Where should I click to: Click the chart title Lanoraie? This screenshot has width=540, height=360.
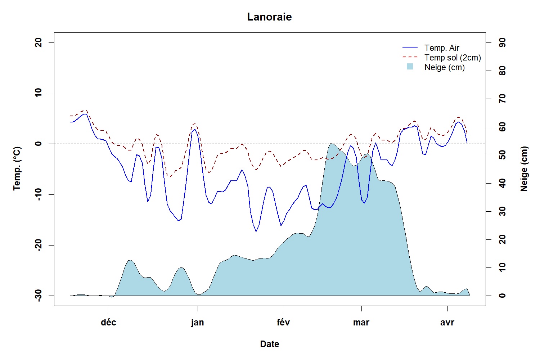click(x=269, y=17)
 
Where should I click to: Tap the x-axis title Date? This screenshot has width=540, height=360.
click(x=270, y=344)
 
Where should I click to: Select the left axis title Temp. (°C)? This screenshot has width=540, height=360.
click(x=17, y=168)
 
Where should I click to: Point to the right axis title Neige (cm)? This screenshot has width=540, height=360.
click(x=524, y=169)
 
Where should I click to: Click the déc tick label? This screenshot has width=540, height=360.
click(x=108, y=323)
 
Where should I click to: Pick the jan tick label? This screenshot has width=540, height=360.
click(x=197, y=323)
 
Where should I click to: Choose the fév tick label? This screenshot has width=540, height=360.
click(x=284, y=323)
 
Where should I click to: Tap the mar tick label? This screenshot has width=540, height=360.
click(x=361, y=323)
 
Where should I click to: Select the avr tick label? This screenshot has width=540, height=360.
click(x=447, y=323)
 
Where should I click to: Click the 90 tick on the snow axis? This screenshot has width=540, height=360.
click(x=502, y=42)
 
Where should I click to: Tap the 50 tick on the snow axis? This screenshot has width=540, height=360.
click(x=502, y=155)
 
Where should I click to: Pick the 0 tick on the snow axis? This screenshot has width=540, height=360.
click(x=502, y=296)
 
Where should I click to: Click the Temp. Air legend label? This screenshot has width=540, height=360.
click(x=442, y=48)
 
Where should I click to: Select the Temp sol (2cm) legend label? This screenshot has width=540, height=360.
click(x=453, y=58)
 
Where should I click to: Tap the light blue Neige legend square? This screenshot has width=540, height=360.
click(x=410, y=67)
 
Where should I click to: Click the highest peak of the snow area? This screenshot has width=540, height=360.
click(x=331, y=143)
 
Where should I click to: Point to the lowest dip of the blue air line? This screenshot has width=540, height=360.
click(x=256, y=231)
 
